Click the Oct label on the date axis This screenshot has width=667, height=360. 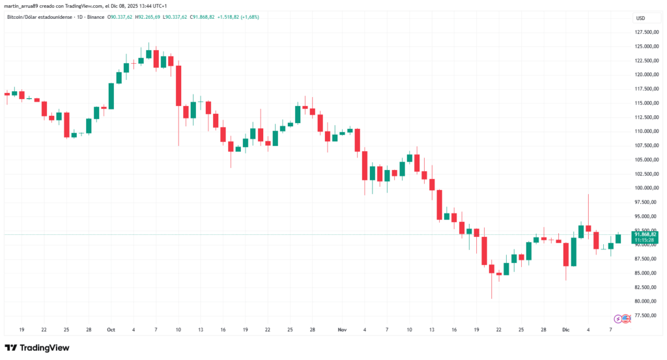[110, 330]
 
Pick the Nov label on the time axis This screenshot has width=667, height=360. [343, 330]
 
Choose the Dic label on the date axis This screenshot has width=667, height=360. [566, 330]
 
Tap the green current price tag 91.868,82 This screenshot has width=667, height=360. [644, 234]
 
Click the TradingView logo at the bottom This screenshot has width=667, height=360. [37, 348]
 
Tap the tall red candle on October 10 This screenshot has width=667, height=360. [178, 85]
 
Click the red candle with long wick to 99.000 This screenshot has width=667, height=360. [588, 228]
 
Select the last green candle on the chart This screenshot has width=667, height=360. [618, 239]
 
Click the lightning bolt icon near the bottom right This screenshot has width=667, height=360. [618, 318]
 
